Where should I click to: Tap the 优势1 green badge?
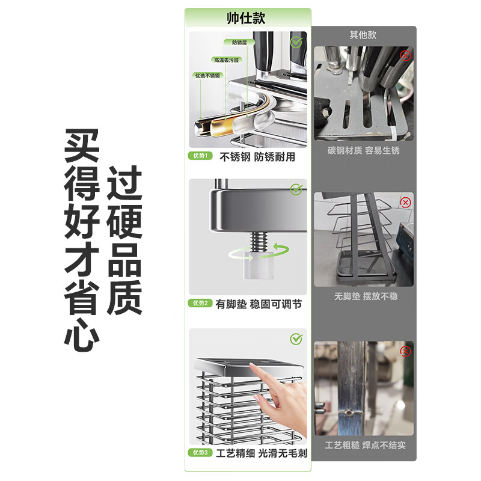(x=200, y=156)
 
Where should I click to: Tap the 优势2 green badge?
(x=200, y=304)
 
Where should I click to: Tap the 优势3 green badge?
(x=200, y=452)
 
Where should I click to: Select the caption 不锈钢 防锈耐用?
(x=257, y=156)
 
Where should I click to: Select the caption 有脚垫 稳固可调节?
(x=260, y=304)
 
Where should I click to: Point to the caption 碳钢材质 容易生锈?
(x=363, y=150)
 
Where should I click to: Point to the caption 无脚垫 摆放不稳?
(x=363, y=296)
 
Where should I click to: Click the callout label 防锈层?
(x=239, y=43)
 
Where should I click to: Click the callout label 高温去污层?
(x=225, y=60)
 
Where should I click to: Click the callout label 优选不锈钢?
(x=207, y=76)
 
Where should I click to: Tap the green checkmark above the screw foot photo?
(x=296, y=190)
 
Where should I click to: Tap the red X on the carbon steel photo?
(x=405, y=55)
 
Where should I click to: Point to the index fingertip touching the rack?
(x=258, y=398)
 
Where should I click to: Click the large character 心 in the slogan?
(x=82, y=334)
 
